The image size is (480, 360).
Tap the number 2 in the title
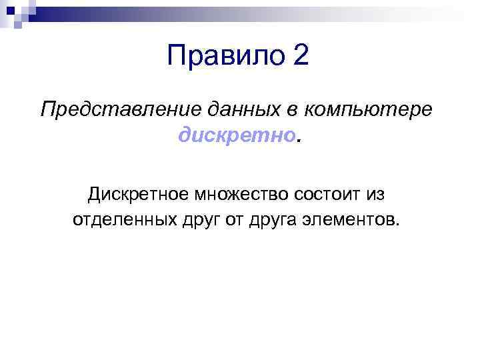coord(301,55)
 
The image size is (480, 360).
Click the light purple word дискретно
coord(236,136)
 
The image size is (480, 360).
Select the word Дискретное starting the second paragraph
coord(138,194)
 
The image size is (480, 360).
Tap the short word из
coord(376,194)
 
